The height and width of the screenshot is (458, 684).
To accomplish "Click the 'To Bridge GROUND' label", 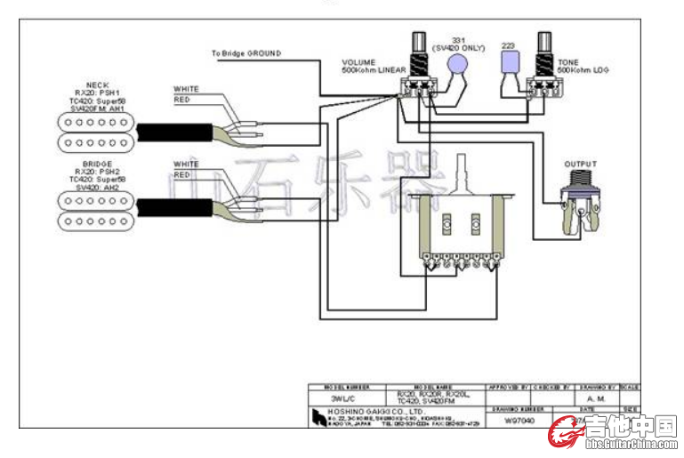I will pyautogui.click(x=245, y=54).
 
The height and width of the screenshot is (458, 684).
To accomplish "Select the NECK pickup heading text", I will pyautogui.click(x=98, y=84).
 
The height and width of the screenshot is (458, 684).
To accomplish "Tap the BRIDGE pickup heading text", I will pyautogui.click(x=98, y=165).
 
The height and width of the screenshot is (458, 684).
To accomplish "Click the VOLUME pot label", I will pyautogui.click(x=359, y=62).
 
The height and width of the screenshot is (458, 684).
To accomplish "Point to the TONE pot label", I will pyautogui.click(x=569, y=62).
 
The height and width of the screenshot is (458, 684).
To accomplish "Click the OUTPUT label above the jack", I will pyautogui.click(x=580, y=165).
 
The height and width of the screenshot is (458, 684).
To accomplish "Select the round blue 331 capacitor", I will pyautogui.click(x=457, y=64).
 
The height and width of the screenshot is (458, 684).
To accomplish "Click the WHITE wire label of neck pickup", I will pyautogui.click(x=186, y=90).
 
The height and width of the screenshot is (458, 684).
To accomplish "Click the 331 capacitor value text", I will pyautogui.click(x=458, y=40).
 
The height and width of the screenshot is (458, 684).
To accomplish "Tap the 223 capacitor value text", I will pyautogui.click(x=508, y=44).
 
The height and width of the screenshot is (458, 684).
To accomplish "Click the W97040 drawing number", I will pyautogui.click(x=520, y=420).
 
